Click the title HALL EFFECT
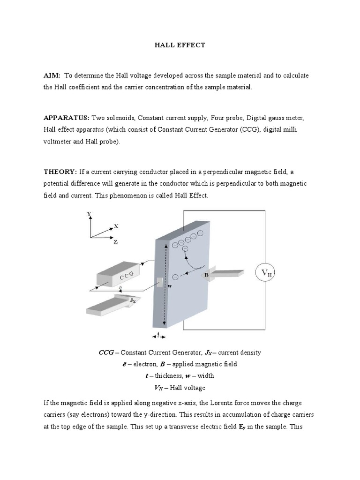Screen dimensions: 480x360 (x=180, y=45)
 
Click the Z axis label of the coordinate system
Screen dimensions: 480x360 (x=115, y=242)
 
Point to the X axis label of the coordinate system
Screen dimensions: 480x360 (x=116, y=226)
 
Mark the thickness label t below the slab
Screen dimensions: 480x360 (x=158, y=334)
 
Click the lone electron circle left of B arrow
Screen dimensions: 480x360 (x=175, y=277)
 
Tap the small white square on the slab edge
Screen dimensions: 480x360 (x=159, y=282)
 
